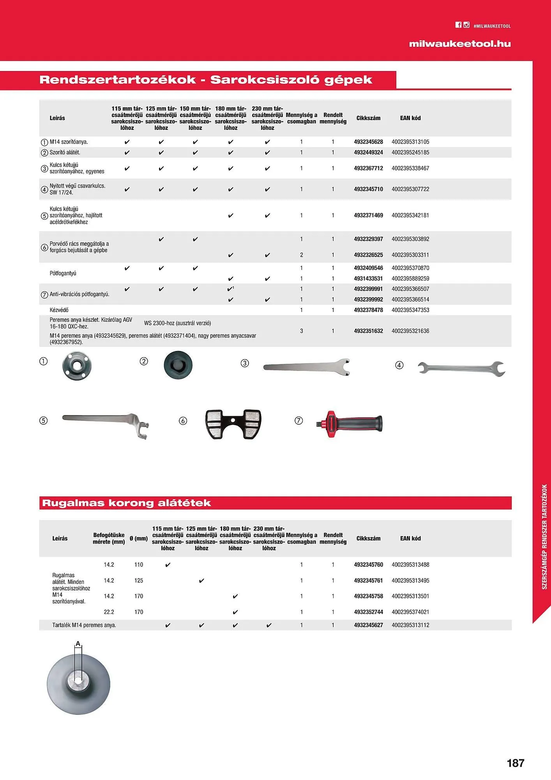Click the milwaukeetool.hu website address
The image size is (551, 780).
(x=460, y=44)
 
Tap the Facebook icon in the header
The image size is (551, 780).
(x=458, y=25)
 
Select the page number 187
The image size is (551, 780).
(x=516, y=762)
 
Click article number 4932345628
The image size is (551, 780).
(x=368, y=142)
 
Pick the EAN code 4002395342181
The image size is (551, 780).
(x=410, y=215)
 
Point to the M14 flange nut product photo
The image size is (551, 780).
(x=74, y=366)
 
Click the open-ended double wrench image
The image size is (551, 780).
(x=461, y=368)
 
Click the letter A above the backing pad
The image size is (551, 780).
(x=78, y=643)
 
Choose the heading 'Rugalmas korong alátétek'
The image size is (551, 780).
(x=126, y=503)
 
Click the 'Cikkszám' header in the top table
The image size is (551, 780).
(x=368, y=118)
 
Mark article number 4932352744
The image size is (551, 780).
(x=368, y=612)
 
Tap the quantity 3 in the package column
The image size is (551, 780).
(x=302, y=331)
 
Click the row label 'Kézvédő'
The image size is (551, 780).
(x=59, y=310)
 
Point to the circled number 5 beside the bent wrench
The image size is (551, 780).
(x=44, y=421)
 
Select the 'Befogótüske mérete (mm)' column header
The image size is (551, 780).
(x=109, y=538)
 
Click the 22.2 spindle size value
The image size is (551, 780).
(x=109, y=612)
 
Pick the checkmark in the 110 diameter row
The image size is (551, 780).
(x=168, y=565)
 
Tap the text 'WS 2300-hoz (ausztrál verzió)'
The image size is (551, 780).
(x=177, y=323)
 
